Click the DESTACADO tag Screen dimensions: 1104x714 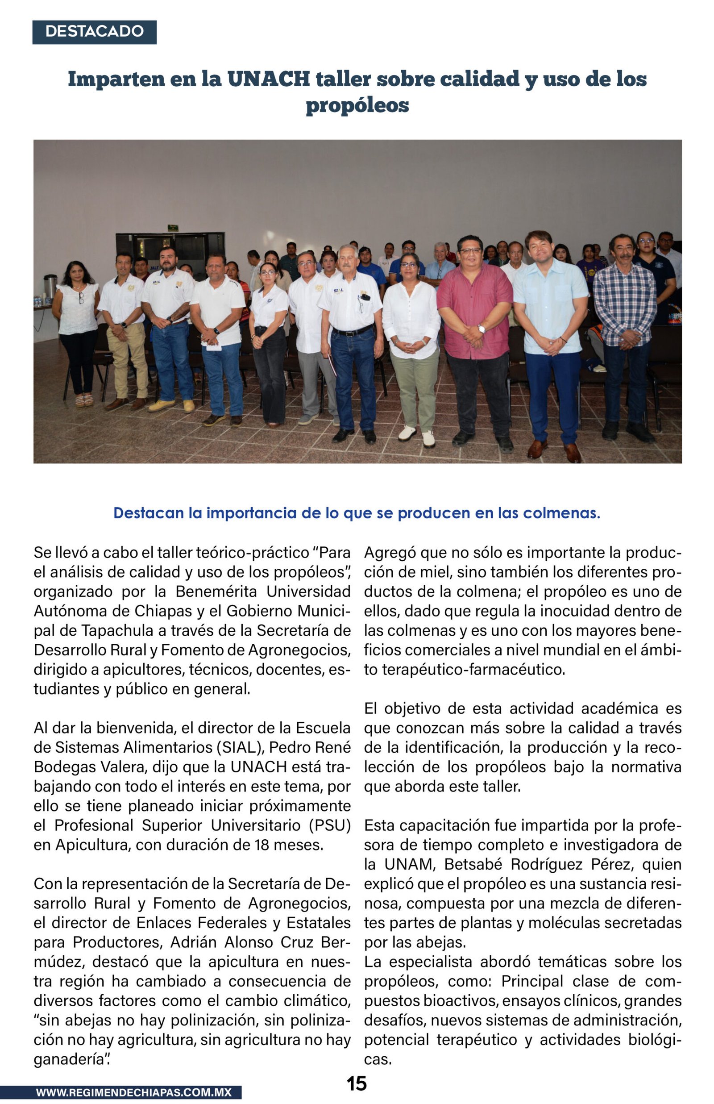[94, 32]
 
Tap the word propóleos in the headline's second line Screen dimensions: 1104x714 [357, 105]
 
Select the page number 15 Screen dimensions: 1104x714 [357, 1083]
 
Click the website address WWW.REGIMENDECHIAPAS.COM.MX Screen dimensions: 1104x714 [133, 1092]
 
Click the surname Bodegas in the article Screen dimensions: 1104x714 [62, 767]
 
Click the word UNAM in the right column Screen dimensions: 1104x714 [409, 864]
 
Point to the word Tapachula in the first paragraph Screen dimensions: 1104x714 [117, 631]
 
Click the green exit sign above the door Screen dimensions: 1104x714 [173, 228]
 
